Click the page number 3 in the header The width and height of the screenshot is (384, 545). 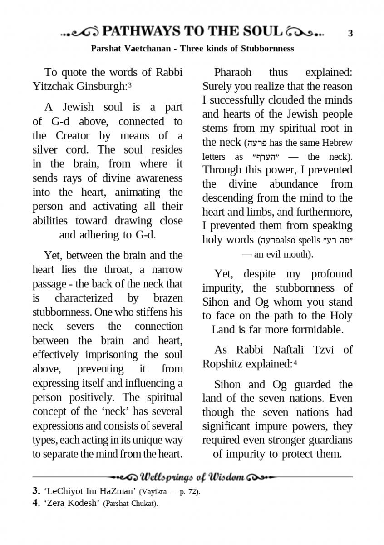click(x=350, y=33)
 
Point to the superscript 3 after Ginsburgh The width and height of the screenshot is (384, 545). click(x=130, y=84)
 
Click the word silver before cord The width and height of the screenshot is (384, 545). click(x=48, y=150)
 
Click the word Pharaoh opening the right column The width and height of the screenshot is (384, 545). click(x=232, y=72)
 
